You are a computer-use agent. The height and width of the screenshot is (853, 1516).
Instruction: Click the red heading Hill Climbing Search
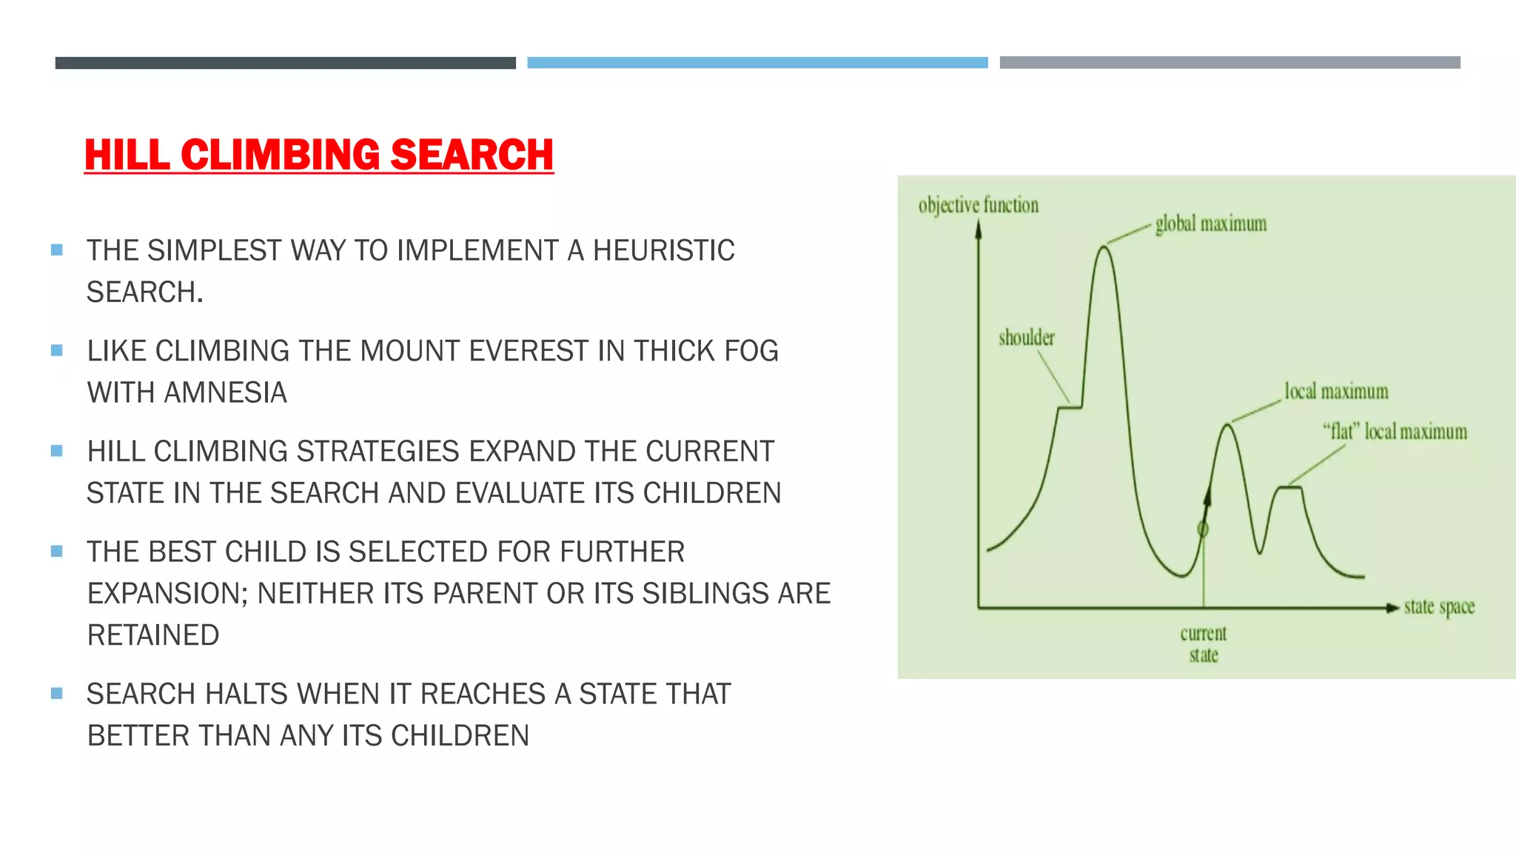pyautogui.click(x=318, y=155)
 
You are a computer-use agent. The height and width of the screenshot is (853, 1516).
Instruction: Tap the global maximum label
pyautogui.click(x=1210, y=224)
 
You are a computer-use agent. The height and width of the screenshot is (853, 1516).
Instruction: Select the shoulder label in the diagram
pyautogui.click(x=1026, y=338)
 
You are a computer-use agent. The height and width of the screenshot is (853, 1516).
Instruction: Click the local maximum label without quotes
pyautogui.click(x=1336, y=392)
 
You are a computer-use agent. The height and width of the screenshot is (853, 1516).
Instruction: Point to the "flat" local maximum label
pyautogui.click(x=1395, y=432)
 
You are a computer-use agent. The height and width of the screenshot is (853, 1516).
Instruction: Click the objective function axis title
pyautogui.click(x=978, y=205)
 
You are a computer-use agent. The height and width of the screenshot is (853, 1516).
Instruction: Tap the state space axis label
pyautogui.click(x=1439, y=607)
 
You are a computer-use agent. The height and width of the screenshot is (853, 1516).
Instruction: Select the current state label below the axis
pyautogui.click(x=1203, y=643)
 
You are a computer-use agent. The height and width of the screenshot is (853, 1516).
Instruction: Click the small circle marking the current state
pyautogui.click(x=1203, y=529)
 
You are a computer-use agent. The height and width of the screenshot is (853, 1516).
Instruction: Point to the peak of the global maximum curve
pyautogui.click(x=1104, y=248)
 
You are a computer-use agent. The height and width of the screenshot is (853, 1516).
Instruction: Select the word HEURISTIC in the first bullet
pyautogui.click(x=663, y=250)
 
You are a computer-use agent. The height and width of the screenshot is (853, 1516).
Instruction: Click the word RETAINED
pyautogui.click(x=153, y=635)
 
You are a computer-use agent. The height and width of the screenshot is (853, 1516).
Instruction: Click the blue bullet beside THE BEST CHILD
pyautogui.click(x=57, y=551)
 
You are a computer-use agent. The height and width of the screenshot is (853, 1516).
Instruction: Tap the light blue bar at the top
pyautogui.click(x=757, y=63)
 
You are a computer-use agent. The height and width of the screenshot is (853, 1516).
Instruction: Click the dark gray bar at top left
pyautogui.click(x=285, y=63)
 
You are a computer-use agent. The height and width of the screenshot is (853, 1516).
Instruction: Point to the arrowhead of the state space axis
pyautogui.click(x=1392, y=608)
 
